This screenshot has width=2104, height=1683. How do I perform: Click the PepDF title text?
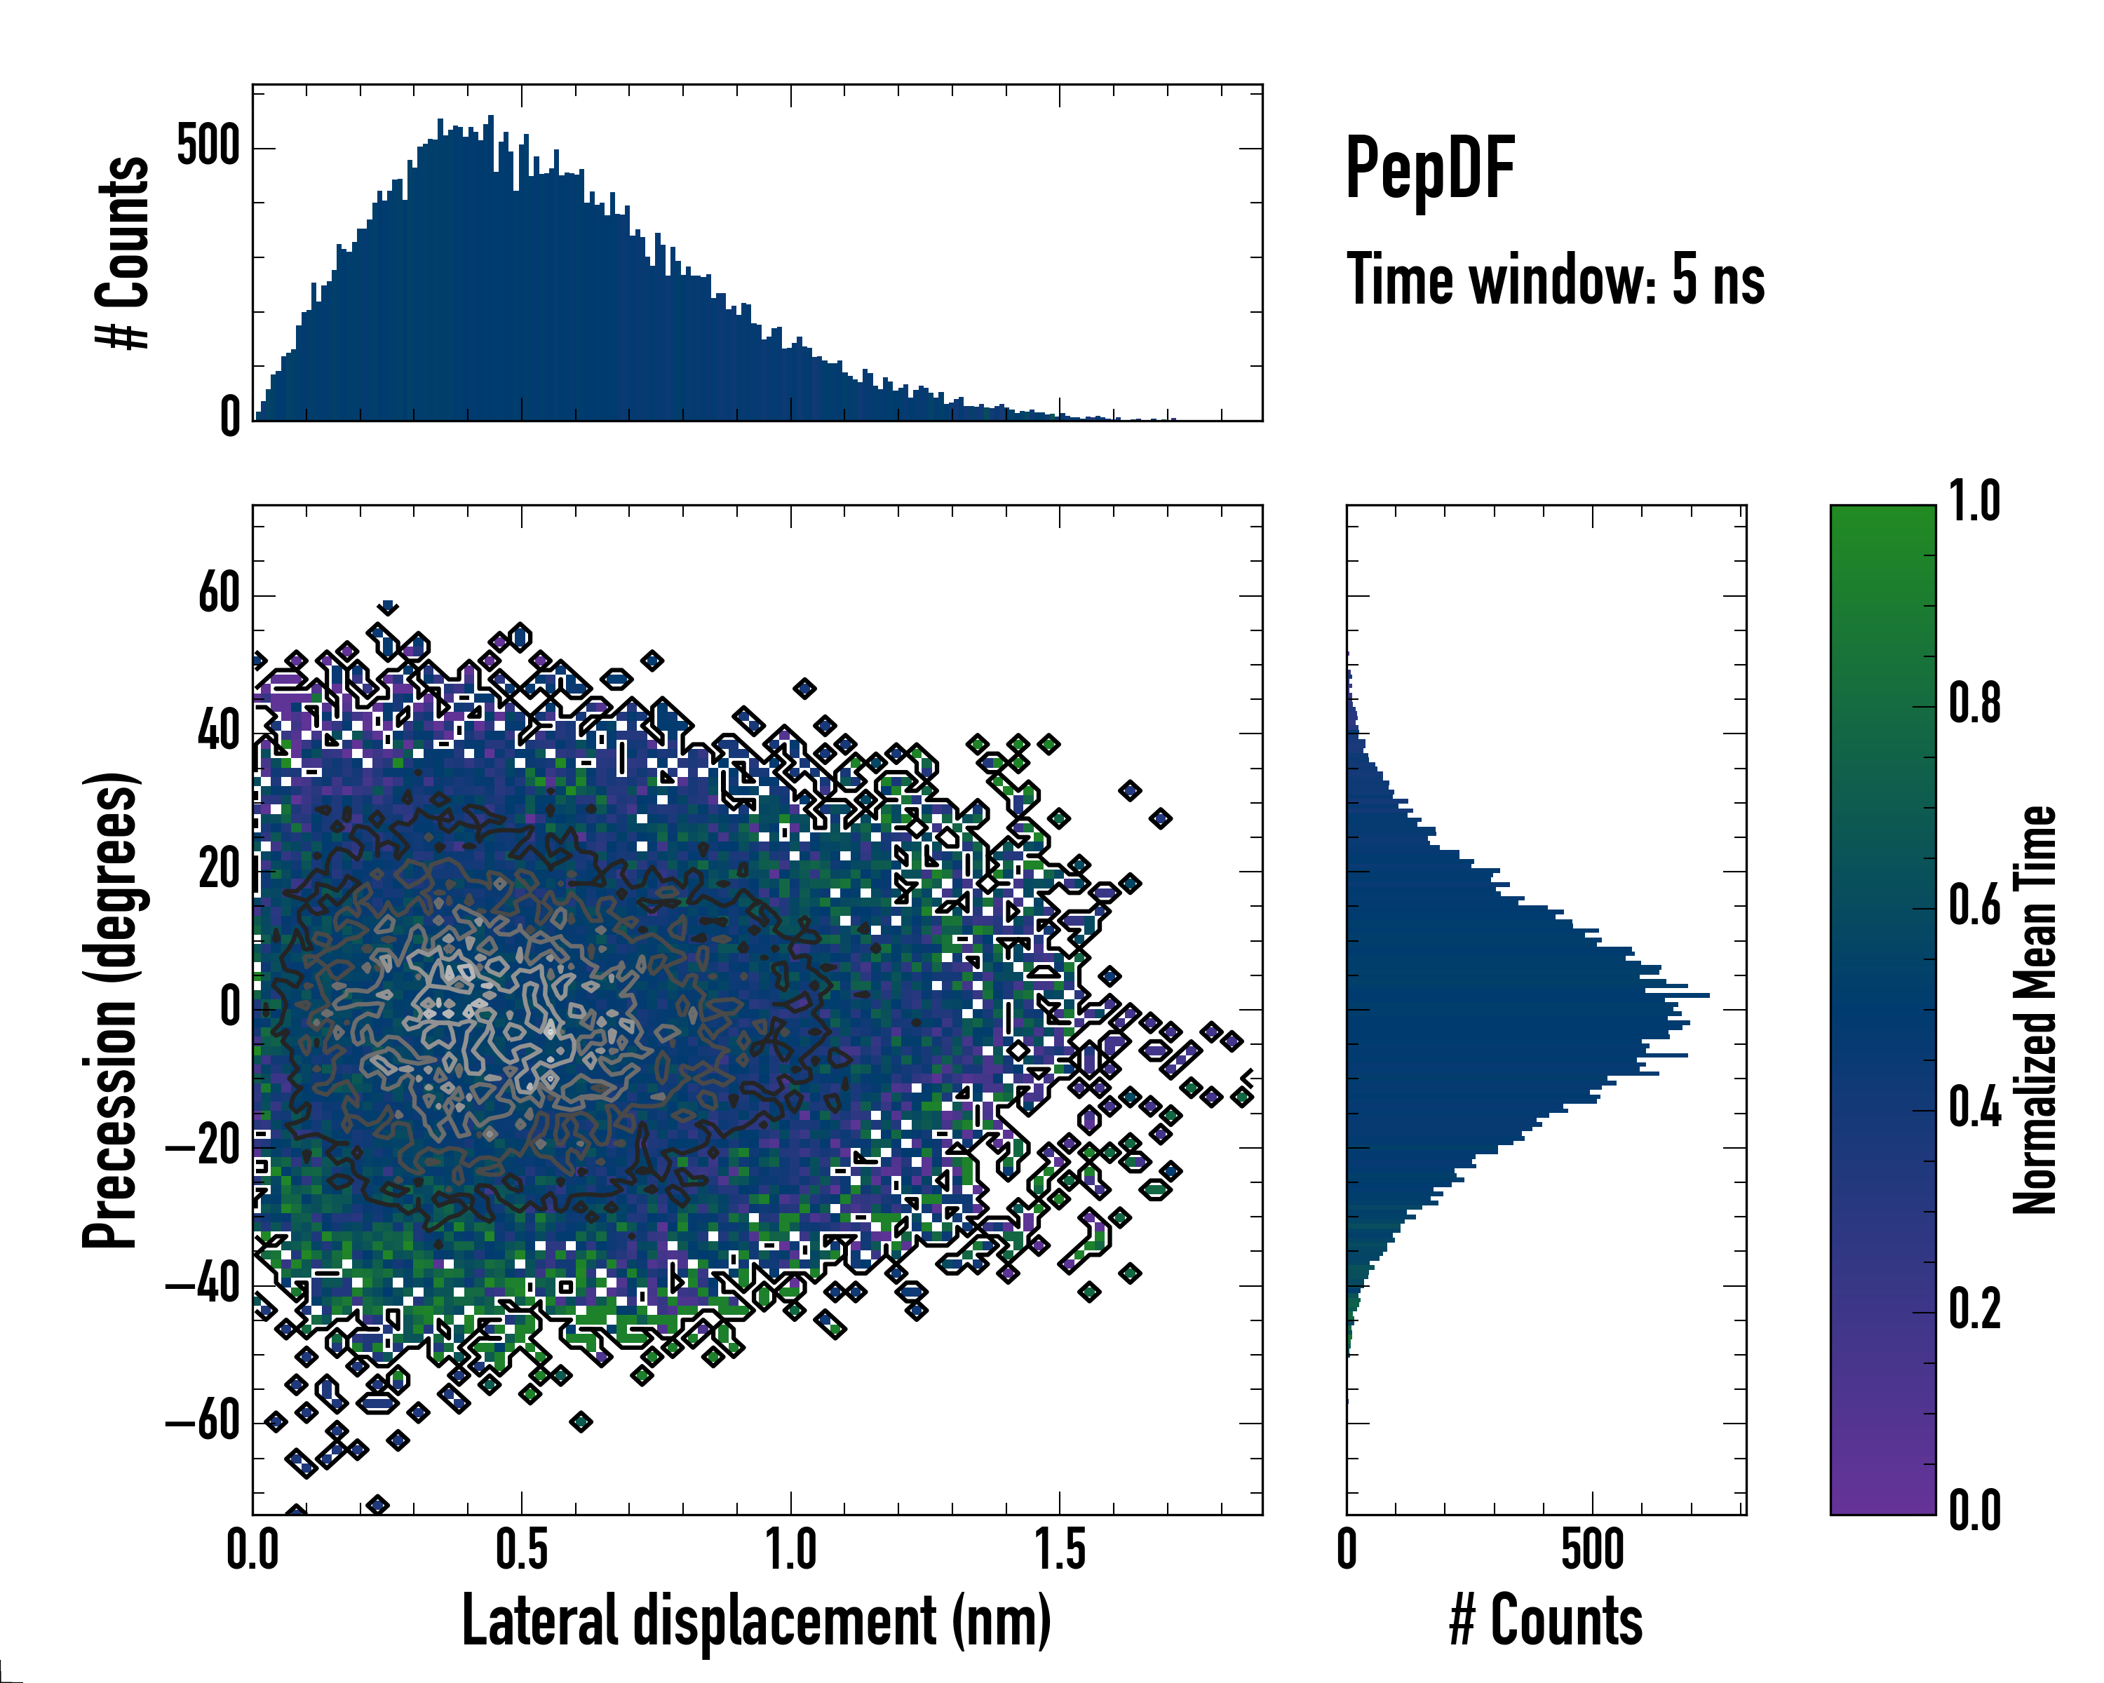click(x=1429, y=169)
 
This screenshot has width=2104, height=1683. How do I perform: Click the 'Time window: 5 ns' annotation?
click(x=1556, y=280)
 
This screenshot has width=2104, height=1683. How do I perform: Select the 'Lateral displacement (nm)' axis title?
click(x=756, y=1621)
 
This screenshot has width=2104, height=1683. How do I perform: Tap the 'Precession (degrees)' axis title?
click(x=110, y=1010)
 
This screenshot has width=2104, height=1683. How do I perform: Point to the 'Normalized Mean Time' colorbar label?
click(x=2035, y=1010)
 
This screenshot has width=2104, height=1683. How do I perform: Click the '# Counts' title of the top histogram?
click(x=123, y=252)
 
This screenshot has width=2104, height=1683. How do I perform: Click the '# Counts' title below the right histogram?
click(x=1546, y=1621)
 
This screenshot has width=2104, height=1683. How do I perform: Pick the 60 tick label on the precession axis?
click(x=219, y=593)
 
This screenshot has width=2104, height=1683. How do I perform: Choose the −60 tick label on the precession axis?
click(x=204, y=1423)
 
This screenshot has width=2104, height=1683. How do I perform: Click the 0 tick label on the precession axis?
click(x=230, y=1008)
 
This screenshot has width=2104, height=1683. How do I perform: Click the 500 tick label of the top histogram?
click(x=208, y=147)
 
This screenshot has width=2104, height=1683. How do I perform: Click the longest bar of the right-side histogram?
click(x=1528, y=995)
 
